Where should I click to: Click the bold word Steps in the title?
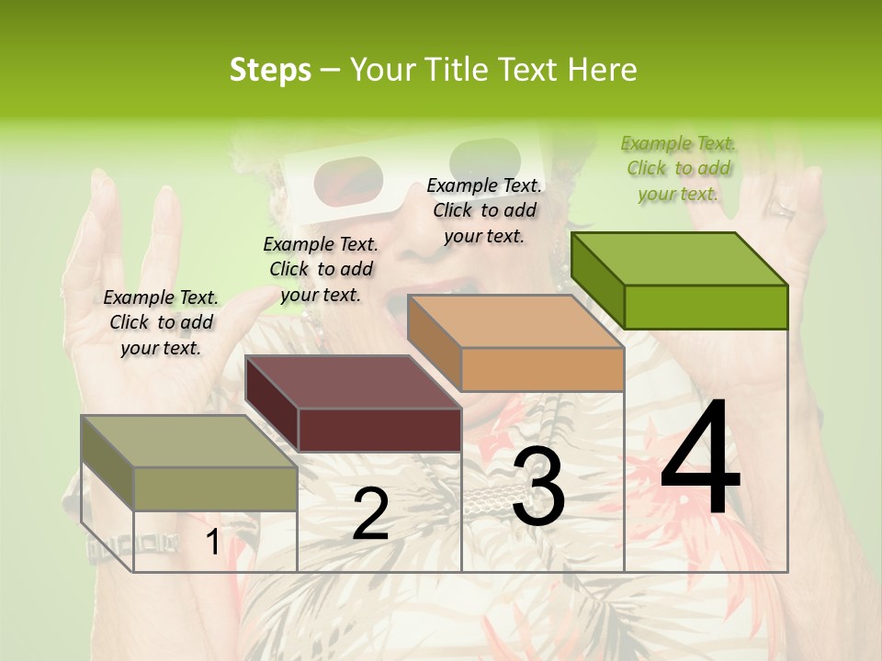pyautogui.click(x=270, y=70)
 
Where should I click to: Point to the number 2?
pyautogui.click(x=370, y=514)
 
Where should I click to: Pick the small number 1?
pyautogui.click(x=212, y=542)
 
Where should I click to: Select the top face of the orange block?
pyautogui.click(x=515, y=321)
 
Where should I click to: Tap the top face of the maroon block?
pyautogui.click(x=353, y=382)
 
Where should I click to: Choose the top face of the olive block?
pyautogui.click(x=189, y=442)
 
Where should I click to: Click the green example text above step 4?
pyautogui.click(x=678, y=168)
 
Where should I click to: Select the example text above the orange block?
pyautogui.click(x=484, y=210)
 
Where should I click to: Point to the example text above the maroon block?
pyautogui.click(x=321, y=269)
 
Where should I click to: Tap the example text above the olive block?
pyautogui.click(x=161, y=322)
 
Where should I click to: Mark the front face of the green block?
pyautogui.click(x=706, y=307)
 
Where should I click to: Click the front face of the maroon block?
pyautogui.click(x=379, y=430)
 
